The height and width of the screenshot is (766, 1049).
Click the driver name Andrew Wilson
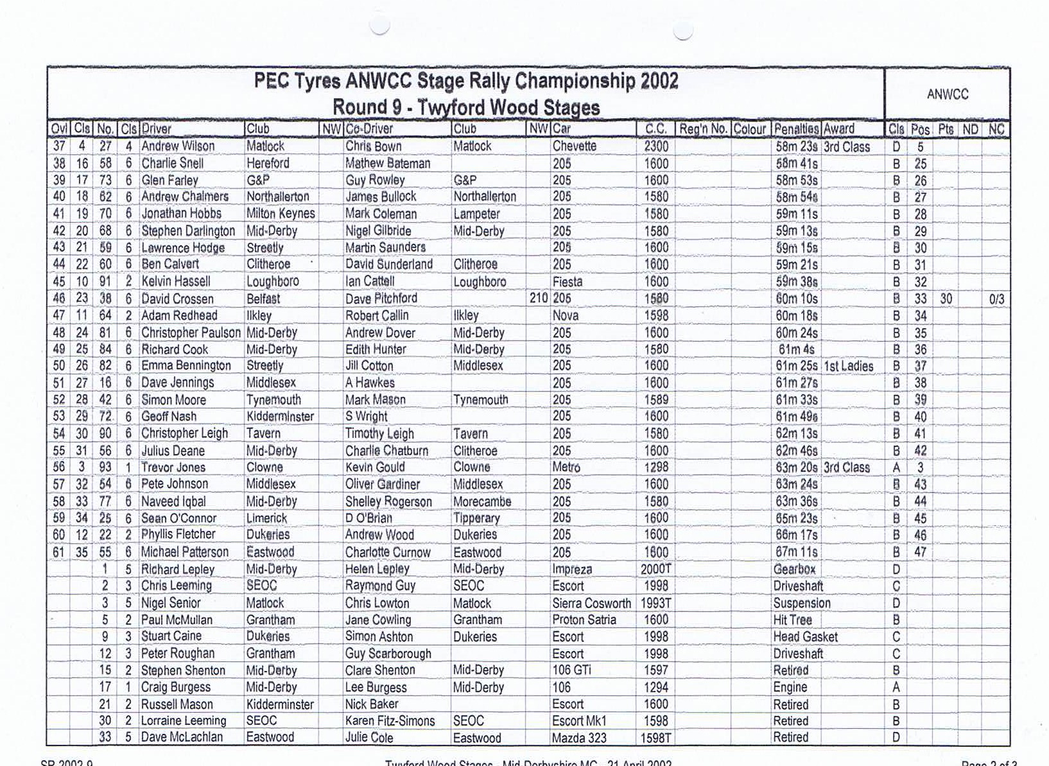click(178, 146)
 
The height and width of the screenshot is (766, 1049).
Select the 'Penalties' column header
click(796, 129)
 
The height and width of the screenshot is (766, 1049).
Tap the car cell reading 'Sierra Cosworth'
click(591, 603)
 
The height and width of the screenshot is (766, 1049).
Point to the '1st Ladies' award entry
click(848, 366)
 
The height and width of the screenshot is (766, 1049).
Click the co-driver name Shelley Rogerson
click(388, 501)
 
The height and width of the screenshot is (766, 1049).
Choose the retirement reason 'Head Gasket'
click(805, 637)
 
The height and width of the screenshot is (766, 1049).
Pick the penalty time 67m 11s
click(796, 552)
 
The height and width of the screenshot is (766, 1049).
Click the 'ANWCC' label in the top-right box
click(947, 94)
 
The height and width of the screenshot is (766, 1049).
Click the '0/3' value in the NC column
click(996, 299)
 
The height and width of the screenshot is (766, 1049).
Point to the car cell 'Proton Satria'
click(584, 620)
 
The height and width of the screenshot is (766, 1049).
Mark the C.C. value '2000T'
click(655, 570)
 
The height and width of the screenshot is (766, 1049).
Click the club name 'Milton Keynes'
click(281, 214)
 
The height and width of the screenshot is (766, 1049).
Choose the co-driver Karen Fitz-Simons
click(390, 721)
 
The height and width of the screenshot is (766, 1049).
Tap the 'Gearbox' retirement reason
click(794, 570)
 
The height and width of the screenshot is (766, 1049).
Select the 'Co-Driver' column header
click(369, 129)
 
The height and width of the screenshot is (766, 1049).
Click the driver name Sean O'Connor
click(178, 518)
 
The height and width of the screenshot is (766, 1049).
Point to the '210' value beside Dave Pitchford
click(538, 299)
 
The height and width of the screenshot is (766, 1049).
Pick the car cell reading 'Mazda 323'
click(579, 738)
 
